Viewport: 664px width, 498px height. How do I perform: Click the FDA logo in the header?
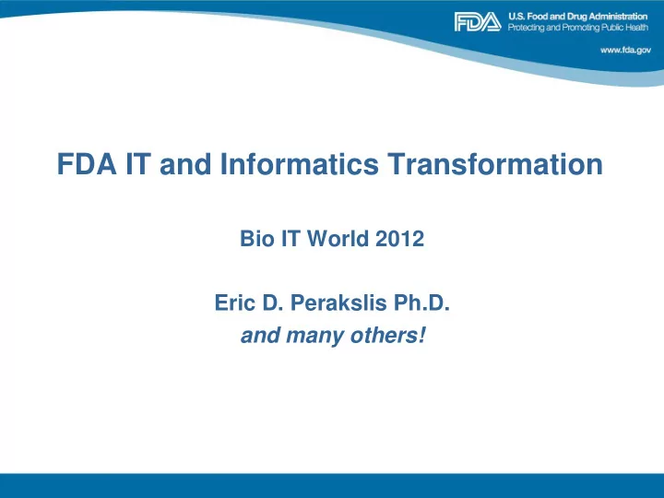478,21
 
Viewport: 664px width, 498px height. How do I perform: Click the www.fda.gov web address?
625,50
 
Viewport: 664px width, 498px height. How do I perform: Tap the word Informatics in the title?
299,164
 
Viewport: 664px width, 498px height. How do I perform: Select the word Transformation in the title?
495,164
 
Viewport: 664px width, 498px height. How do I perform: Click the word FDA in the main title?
87,164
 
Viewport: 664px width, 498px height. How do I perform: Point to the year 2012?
399,239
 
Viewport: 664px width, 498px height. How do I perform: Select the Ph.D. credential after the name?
421,302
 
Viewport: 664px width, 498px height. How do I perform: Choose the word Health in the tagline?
636,28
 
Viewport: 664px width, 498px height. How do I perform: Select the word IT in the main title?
138,164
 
